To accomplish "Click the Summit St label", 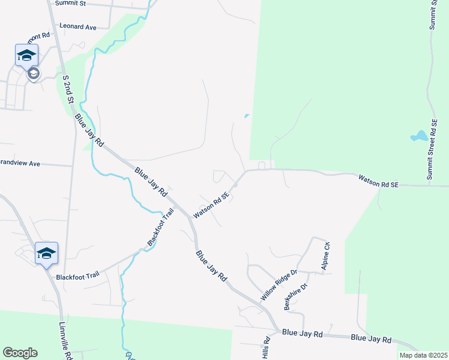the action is pos(70,4).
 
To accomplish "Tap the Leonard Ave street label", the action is pos(78,27).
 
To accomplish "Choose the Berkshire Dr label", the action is pos(295,295).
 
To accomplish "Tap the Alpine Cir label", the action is pos(327,257).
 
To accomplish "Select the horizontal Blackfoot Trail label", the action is pos(76,277).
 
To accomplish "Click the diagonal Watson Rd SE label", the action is pos(211,205).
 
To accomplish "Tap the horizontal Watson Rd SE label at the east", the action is pos(379,181).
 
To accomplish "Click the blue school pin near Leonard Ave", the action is pos(26,56).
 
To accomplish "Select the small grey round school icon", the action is pos(34,74).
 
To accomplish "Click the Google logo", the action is pos(20,353).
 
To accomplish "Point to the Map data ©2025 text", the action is pos(423,355).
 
